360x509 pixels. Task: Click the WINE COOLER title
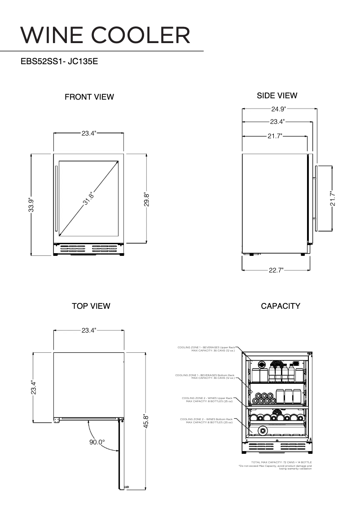105,35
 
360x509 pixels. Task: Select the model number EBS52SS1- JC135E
59,61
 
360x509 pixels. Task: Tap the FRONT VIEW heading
89,97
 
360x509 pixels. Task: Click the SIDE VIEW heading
277,96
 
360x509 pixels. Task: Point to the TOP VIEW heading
91,306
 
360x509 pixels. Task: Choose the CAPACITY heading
281,306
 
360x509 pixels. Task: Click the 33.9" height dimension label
31,205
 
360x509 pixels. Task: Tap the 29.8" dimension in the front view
146,199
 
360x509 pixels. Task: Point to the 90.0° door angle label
97,442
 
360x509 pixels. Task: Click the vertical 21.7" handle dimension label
332,198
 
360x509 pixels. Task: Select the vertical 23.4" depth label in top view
33,387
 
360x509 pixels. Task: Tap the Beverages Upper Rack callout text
206,349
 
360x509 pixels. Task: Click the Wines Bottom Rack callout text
206,421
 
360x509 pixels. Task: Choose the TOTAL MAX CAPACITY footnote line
281,462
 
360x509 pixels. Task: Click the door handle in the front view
56,197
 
